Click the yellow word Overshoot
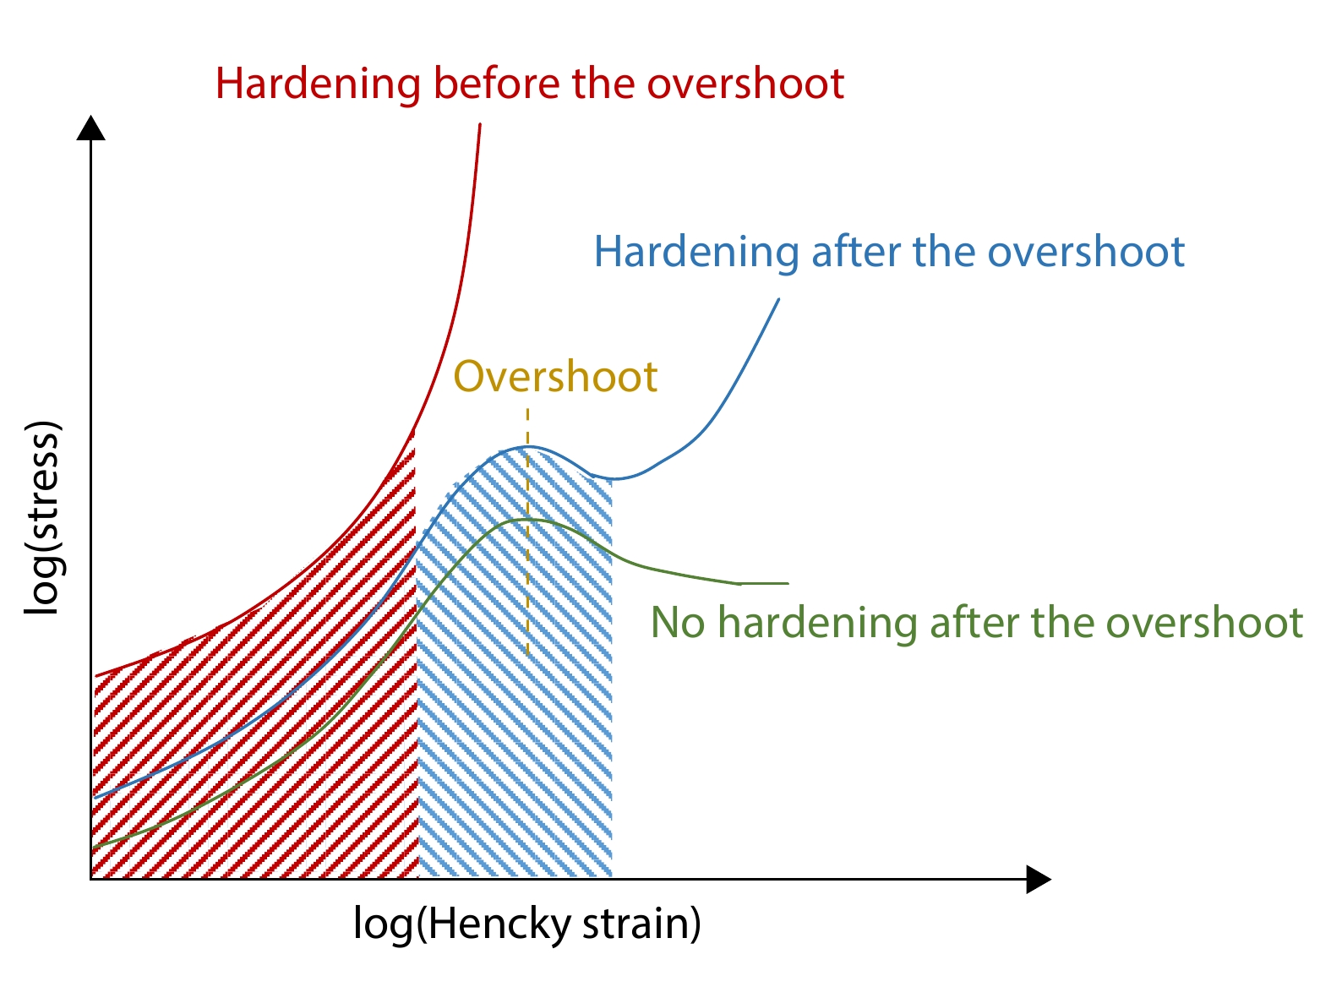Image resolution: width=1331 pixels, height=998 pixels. tap(555, 377)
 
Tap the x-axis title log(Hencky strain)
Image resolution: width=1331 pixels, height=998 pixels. tap(527, 924)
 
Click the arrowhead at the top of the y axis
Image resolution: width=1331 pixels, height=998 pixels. tap(91, 128)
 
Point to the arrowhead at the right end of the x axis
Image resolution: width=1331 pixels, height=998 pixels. tap(1038, 879)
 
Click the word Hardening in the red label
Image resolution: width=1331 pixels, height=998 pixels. tap(318, 84)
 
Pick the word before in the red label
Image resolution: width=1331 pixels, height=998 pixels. tap(497, 83)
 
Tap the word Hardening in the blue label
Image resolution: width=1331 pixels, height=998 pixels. tap(696, 252)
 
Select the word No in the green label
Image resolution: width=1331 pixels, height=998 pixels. tap(677, 623)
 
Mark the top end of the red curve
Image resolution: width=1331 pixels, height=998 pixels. tap(480, 124)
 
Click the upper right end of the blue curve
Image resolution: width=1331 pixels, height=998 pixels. tap(778, 299)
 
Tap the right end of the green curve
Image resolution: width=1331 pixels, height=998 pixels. tap(788, 583)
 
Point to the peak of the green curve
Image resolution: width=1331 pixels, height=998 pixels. tap(527, 520)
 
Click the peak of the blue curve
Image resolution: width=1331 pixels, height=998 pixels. tap(526, 447)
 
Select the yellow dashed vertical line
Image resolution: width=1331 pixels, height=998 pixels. tap(527, 532)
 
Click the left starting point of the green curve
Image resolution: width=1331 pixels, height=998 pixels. tap(95, 847)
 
